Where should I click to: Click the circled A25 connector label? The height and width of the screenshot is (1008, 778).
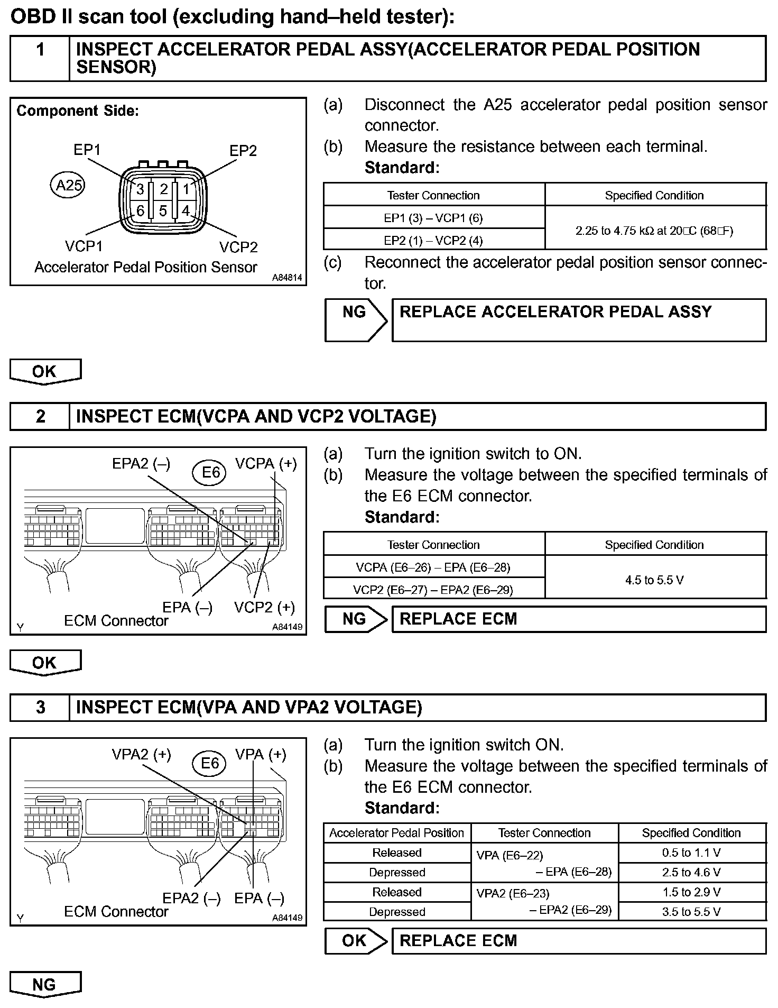pos(69,186)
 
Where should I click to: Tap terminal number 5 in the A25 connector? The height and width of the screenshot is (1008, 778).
pos(163,211)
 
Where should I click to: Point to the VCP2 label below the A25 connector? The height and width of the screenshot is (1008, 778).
pos(238,247)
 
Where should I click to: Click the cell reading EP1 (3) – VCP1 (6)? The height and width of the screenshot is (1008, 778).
pos(433,218)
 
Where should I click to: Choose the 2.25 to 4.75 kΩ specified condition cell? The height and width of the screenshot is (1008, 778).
pos(654,230)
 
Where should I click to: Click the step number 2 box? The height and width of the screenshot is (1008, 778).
pos(40,417)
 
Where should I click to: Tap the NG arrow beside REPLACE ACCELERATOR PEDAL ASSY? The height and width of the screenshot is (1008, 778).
pos(355,320)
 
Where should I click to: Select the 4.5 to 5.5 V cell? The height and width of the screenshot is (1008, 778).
pos(654,580)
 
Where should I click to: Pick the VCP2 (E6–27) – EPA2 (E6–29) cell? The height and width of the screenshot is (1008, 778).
pos(433,590)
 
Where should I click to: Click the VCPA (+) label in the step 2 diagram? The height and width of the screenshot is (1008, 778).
pos(266,464)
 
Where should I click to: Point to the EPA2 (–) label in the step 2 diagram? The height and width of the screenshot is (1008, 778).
pos(141,464)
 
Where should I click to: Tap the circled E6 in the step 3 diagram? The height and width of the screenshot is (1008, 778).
pos(210,763)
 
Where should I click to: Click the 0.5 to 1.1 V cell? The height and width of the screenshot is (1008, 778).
pos(691,853)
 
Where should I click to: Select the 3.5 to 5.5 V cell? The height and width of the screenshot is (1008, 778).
pos(691,911)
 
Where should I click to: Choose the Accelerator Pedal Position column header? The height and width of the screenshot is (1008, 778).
pos(396,833)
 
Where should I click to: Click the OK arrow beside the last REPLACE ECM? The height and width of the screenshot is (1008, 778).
pos(355,941)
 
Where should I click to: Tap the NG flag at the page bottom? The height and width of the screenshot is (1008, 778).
pos(45,984)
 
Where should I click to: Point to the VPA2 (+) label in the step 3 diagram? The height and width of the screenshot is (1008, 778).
pos(141,755)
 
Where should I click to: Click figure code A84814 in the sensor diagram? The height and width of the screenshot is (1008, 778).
pos(288,278)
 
